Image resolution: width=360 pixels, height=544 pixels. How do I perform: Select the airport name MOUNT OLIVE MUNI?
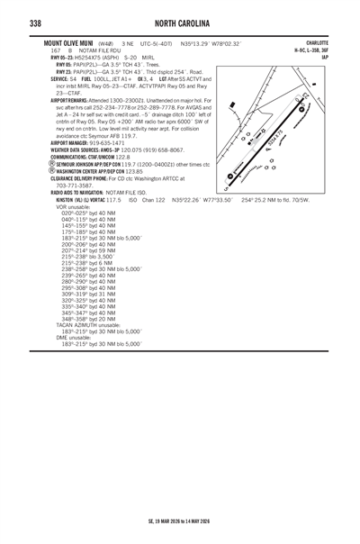69,42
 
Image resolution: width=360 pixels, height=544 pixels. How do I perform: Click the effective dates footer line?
180,520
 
